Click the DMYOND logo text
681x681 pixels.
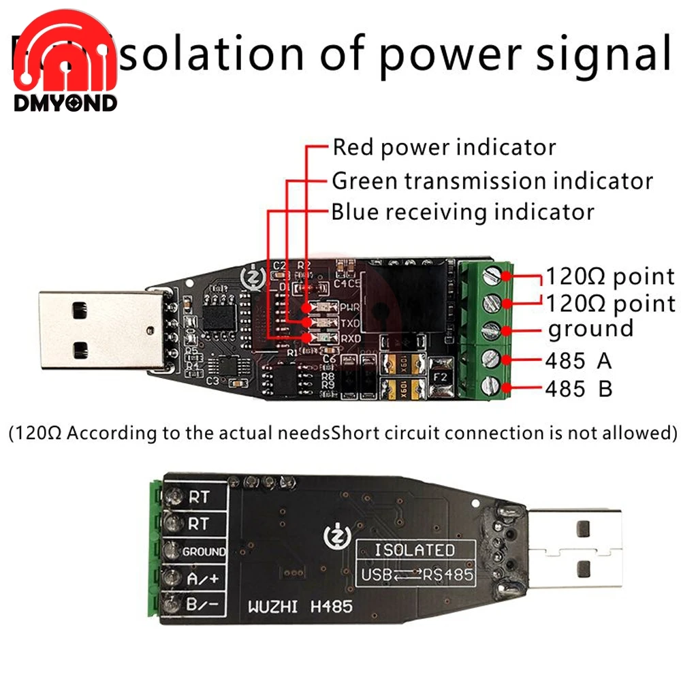(x=65, y=103)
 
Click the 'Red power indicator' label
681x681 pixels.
(x=443, y=147)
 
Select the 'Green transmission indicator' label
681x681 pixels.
(x=492, y=181)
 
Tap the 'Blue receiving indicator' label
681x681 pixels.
(x=462, y=212)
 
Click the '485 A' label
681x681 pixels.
(x=578, y=360)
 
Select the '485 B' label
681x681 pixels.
(x=578, y=389)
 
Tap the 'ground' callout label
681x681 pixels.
(x=590, y=330)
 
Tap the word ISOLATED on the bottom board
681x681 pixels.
(x=414, y=550)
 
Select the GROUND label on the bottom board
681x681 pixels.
(x=204, y=552)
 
